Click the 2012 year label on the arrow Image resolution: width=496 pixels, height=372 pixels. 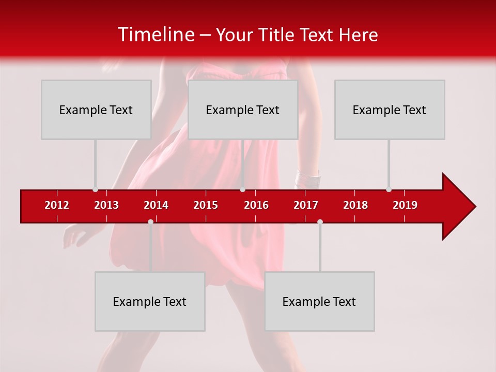[57, 205]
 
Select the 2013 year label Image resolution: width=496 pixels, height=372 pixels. [106, 205]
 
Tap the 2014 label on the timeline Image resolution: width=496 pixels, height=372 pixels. [156, 205]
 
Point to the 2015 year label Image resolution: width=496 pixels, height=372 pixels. [206, 205]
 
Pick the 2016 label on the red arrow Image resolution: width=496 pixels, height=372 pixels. [256, 205]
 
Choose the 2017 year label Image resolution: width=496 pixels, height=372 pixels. [306, 205]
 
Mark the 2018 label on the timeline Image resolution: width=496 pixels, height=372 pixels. [355, 205]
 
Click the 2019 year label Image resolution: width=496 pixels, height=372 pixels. [405, 205]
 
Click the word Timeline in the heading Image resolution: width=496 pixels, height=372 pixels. [156, 35]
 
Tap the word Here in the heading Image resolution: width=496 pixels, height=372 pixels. [358, 35]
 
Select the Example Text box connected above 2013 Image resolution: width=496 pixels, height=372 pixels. [96, 110]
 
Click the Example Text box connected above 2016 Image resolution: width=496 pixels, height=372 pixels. [243, 110]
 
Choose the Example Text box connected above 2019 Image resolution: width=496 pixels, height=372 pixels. [390, 110]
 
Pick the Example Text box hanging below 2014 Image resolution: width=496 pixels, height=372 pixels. [150, 301]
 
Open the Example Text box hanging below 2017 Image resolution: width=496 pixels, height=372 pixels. [319, 301]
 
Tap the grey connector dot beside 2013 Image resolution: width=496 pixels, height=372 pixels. [95, 189]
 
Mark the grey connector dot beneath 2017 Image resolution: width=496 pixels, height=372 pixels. [320, 222]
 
